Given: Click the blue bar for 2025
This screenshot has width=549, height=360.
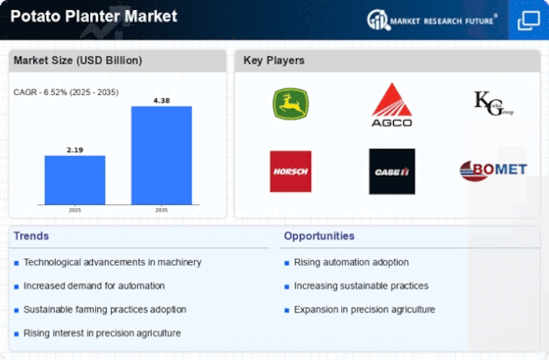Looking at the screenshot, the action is [75, 180].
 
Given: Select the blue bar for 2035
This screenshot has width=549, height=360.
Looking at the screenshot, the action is [162, 155].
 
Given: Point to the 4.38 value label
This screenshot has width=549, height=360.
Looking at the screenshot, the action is [162, 101].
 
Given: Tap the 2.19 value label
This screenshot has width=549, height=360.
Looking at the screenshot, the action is [75, 150].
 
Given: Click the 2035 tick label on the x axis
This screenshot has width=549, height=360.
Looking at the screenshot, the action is [162, 210].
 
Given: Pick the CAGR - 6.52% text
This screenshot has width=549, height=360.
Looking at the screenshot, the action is [40, 92].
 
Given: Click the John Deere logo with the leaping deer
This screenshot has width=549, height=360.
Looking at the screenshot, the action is [290, 104].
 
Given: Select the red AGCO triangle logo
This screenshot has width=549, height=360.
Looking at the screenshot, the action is [392, 104].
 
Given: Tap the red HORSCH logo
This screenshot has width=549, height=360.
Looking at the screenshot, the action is [290, 172].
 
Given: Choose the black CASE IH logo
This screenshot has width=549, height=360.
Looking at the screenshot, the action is [392, 172].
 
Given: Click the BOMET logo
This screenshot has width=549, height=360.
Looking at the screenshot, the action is [493, 171].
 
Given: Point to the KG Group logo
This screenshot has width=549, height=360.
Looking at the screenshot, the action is [493, 103].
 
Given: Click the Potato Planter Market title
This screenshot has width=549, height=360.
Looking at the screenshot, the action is [94, 16].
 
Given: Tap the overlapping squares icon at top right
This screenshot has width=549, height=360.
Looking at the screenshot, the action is [528, 21].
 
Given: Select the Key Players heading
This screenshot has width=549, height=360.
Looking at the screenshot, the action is [274, 60].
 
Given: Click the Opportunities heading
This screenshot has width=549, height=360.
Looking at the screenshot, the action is [319, 236].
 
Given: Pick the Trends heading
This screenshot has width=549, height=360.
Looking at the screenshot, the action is [31, 236].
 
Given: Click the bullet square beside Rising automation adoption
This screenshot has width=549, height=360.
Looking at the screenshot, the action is [286, 263].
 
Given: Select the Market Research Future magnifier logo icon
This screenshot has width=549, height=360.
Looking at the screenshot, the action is [378, 20].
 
